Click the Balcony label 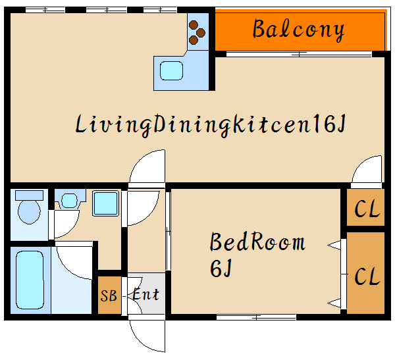point(298,30)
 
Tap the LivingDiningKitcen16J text point(211,125)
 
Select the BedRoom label point(257,242)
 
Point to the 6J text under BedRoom point(221,269)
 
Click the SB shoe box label point(109,296)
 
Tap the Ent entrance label point(146,294)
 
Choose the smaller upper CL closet point(365,207)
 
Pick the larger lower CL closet point(365,273)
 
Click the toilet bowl point(29,212)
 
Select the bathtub point(30,280)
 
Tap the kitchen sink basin point(171,71)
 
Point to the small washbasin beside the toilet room point(69,201)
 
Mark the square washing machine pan point(105,203)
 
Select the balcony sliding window point(299,54)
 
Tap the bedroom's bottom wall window point(256,317)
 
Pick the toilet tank point(29,195)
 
